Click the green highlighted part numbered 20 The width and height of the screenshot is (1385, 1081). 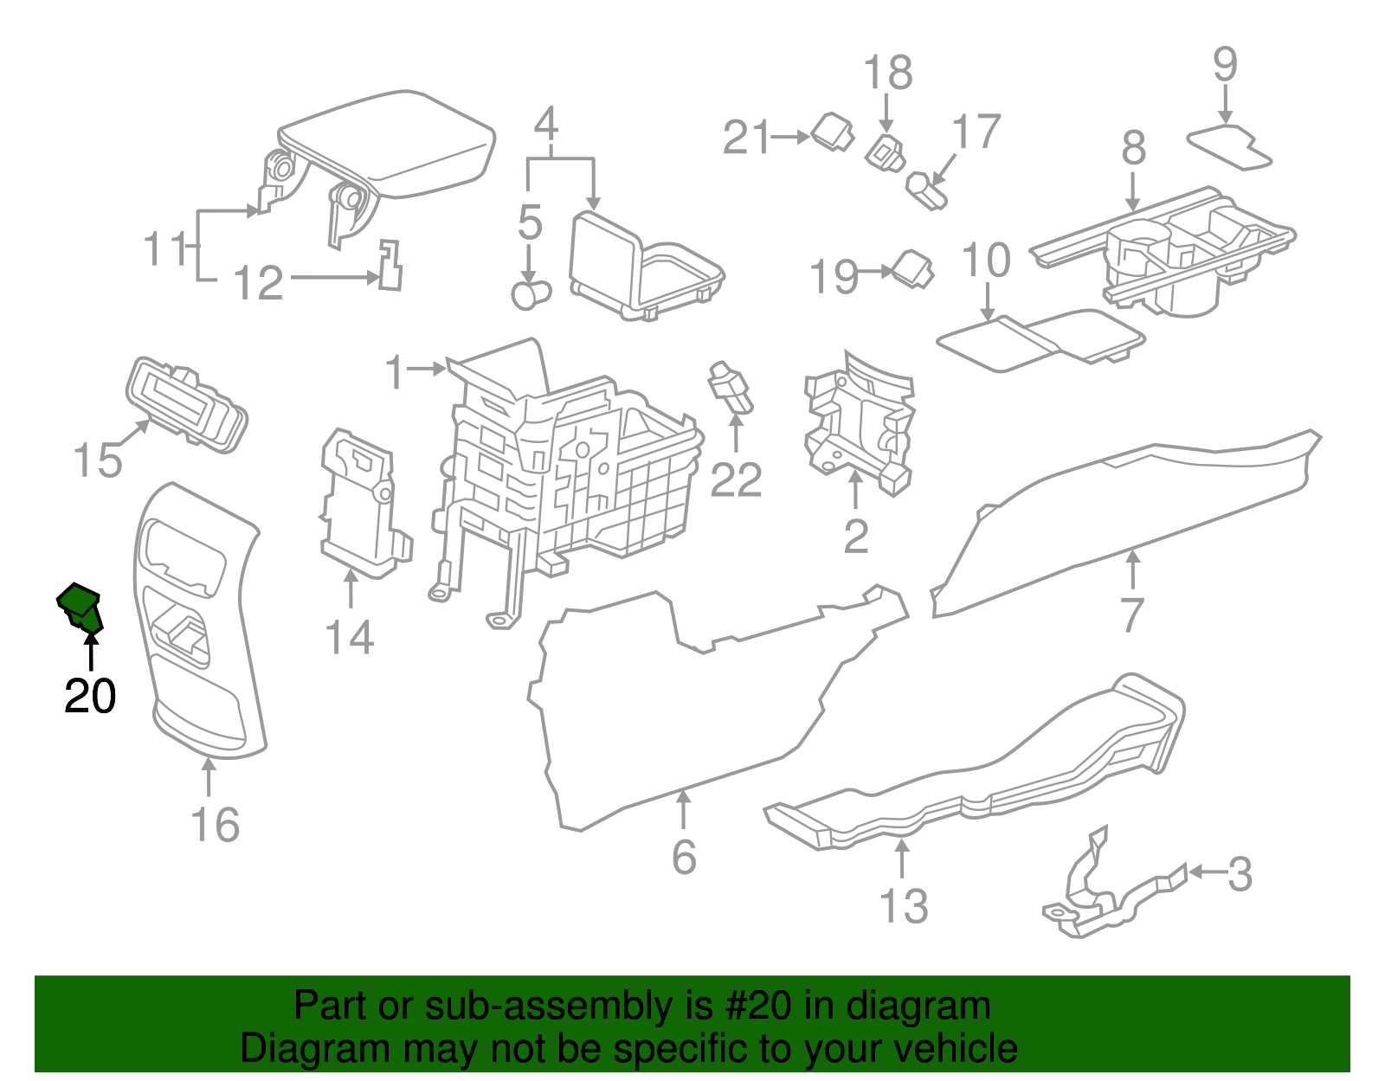(80, 606)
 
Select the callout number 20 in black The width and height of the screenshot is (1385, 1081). (90, 696)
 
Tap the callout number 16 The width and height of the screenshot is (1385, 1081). (215, 825)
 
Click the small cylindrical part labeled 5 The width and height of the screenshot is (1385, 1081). (530, 294)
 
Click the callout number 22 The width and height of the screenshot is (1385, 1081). (736, 480)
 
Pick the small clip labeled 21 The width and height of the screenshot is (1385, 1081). (833, 132)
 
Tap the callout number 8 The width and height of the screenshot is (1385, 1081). (1133, 148)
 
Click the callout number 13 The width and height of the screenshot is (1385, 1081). (903, 906)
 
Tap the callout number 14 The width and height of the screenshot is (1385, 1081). (349, 638)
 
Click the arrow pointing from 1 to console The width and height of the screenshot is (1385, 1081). (427, 370)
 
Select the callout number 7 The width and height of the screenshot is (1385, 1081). (1132, 615)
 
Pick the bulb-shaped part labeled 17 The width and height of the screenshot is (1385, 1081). (926, 190)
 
